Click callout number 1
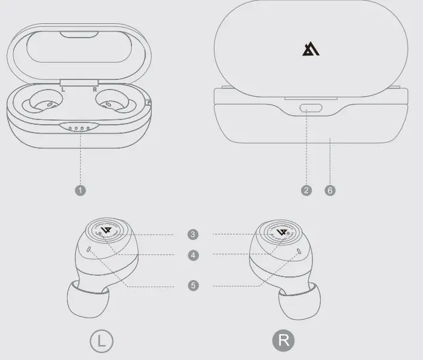tap(81, 190)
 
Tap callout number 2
tap(306, 190)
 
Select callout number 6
tap(330, 190)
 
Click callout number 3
tap(192, 234)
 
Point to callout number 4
tap(192, 255)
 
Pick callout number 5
tap(192, 285)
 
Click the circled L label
tap(101, 341)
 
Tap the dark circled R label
tap(284, 341)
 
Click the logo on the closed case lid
tap(311, 49)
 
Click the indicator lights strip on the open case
tap(79, 127)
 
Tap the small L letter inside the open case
tap(63, 90)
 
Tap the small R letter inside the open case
tap(94, 90)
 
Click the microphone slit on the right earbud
tap(299, 251)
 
